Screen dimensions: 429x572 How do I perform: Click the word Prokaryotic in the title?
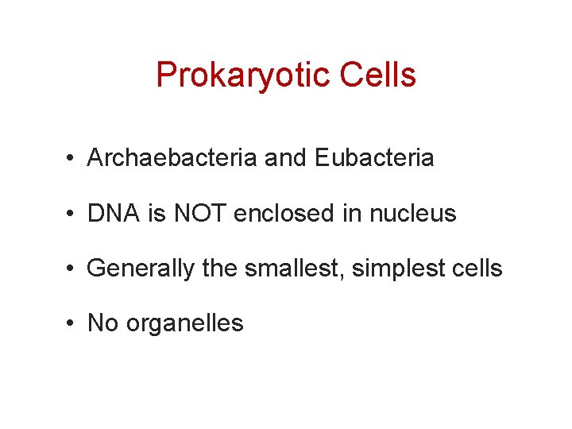click(x=243, y=75)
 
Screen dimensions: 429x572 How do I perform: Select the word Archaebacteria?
click(x=172, y=158)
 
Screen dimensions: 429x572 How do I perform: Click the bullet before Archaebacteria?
click(x=71, y=159)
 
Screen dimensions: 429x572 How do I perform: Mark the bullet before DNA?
click(x=71, y=214)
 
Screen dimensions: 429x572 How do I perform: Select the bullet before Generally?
click(x=71, y=269)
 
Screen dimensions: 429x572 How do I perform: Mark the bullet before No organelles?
click(x=71, y=324)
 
